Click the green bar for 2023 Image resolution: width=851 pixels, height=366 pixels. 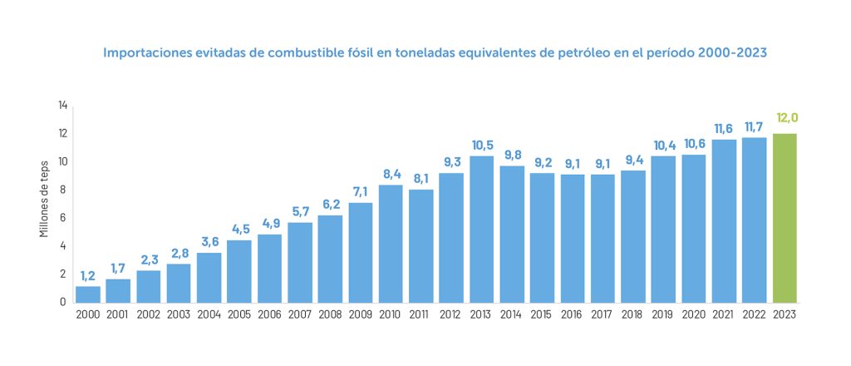[785, 218]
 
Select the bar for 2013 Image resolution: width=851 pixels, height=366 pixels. [481, 229]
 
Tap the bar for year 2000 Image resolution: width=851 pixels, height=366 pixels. [87, 294]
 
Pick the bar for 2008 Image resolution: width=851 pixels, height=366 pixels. [330, 259]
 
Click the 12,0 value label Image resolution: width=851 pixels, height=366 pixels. [786, 118]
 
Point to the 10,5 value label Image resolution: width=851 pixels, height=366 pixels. [481, 146]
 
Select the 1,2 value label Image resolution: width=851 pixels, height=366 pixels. [88, 275]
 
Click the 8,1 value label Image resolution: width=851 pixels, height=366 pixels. [421, 178]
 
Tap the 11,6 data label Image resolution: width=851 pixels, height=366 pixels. [725, 128]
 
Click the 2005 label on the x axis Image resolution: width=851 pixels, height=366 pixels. [239, 314]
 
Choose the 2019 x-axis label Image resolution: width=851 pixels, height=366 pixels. [664, 314]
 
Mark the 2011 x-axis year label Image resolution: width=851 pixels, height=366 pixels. [421, 314]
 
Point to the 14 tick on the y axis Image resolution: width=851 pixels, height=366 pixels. [62, 106]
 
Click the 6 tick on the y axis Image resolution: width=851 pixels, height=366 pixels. [62, 218]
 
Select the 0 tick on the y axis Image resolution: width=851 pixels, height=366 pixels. [62, 302]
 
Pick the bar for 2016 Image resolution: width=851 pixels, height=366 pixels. [573, 238]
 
